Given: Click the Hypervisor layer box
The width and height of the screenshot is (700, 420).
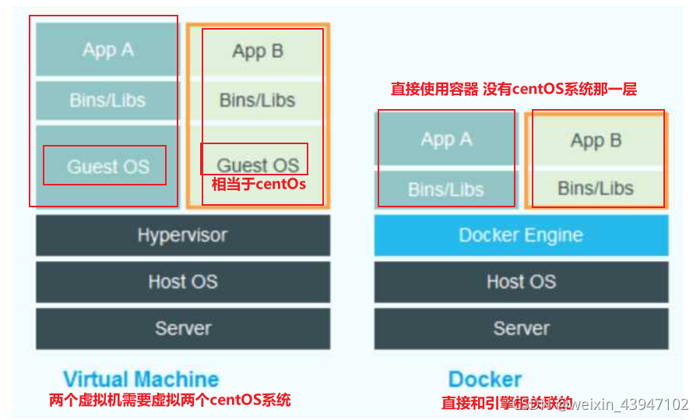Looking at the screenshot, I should [182, 235].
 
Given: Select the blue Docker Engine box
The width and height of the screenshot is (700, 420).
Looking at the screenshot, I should [521, 235].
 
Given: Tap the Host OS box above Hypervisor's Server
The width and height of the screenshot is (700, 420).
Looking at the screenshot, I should [182, 281].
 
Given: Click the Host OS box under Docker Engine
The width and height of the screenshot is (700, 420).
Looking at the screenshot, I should [521, 281].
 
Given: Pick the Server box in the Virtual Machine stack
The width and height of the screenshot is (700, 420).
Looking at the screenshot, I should [182, 328].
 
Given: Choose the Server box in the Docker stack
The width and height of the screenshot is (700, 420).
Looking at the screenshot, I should [521, 328].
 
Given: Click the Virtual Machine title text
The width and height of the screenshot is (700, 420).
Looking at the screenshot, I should [141, 379].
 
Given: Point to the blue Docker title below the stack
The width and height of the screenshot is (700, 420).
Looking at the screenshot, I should [484, 379].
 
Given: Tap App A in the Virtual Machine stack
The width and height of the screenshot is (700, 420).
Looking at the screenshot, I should [107, 50].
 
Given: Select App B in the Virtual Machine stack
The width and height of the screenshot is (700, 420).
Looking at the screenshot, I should [258, 51].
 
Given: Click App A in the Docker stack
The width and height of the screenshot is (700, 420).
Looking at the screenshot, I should [446, 139].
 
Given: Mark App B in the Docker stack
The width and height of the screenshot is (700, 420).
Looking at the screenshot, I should [596, 141].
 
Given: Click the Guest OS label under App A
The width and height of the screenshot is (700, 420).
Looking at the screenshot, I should [107, 166].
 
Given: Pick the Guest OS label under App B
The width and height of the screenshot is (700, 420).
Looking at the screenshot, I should [257, 164].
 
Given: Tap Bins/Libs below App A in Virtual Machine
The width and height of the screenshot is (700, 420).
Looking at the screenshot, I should [107, 100].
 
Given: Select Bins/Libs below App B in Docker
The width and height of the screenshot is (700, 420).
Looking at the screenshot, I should [596, 188].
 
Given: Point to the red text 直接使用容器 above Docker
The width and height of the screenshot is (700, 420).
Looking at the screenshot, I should [434, 90].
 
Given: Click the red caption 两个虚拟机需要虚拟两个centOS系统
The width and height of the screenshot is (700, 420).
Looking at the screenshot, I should [170, 401].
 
